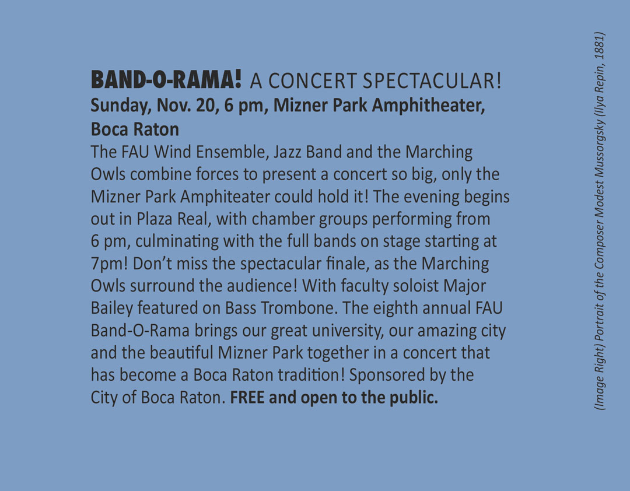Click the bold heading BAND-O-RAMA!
[166, 79]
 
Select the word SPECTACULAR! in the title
[432, 80]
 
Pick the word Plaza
[155, 219]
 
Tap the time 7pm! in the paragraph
[109, 264]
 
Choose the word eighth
[395, 308]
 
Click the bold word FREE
[247, 398]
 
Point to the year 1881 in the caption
[598, 46]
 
